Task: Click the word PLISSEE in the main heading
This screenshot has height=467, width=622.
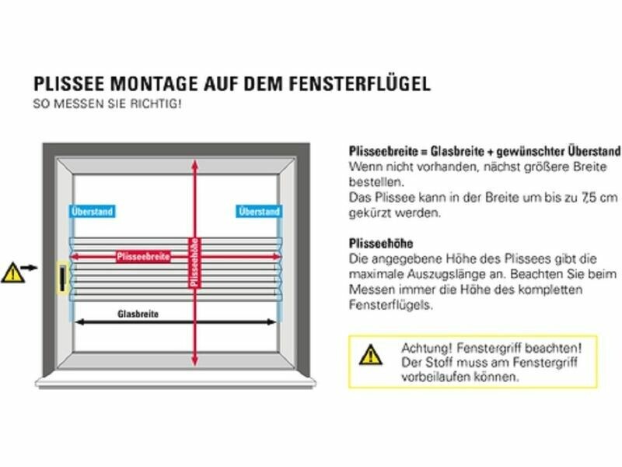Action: coord(69,84)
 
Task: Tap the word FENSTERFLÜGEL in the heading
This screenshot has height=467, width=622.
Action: coord(360,83)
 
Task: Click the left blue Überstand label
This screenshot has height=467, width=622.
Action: coord(92,211)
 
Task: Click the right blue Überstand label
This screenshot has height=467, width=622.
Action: coord(260,211)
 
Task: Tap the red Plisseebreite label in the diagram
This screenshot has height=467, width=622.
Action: coord(144,257)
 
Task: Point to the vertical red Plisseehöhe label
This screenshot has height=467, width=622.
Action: coord(194,262)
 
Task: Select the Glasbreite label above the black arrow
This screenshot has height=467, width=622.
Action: coord(138,314)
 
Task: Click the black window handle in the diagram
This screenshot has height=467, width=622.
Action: coord(63,278)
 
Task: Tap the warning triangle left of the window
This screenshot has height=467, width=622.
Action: coord(12,273)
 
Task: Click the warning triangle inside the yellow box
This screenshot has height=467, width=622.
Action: coord(371,355)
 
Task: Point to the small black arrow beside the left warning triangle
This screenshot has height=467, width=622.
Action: coord(29,268)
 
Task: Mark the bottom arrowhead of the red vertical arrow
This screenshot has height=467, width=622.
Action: coord(194,361)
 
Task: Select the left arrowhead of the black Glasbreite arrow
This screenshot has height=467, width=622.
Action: coord(79,322)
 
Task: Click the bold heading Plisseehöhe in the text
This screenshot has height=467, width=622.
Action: coord(381,243)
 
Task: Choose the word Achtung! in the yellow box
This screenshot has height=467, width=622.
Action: coord(426,348)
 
